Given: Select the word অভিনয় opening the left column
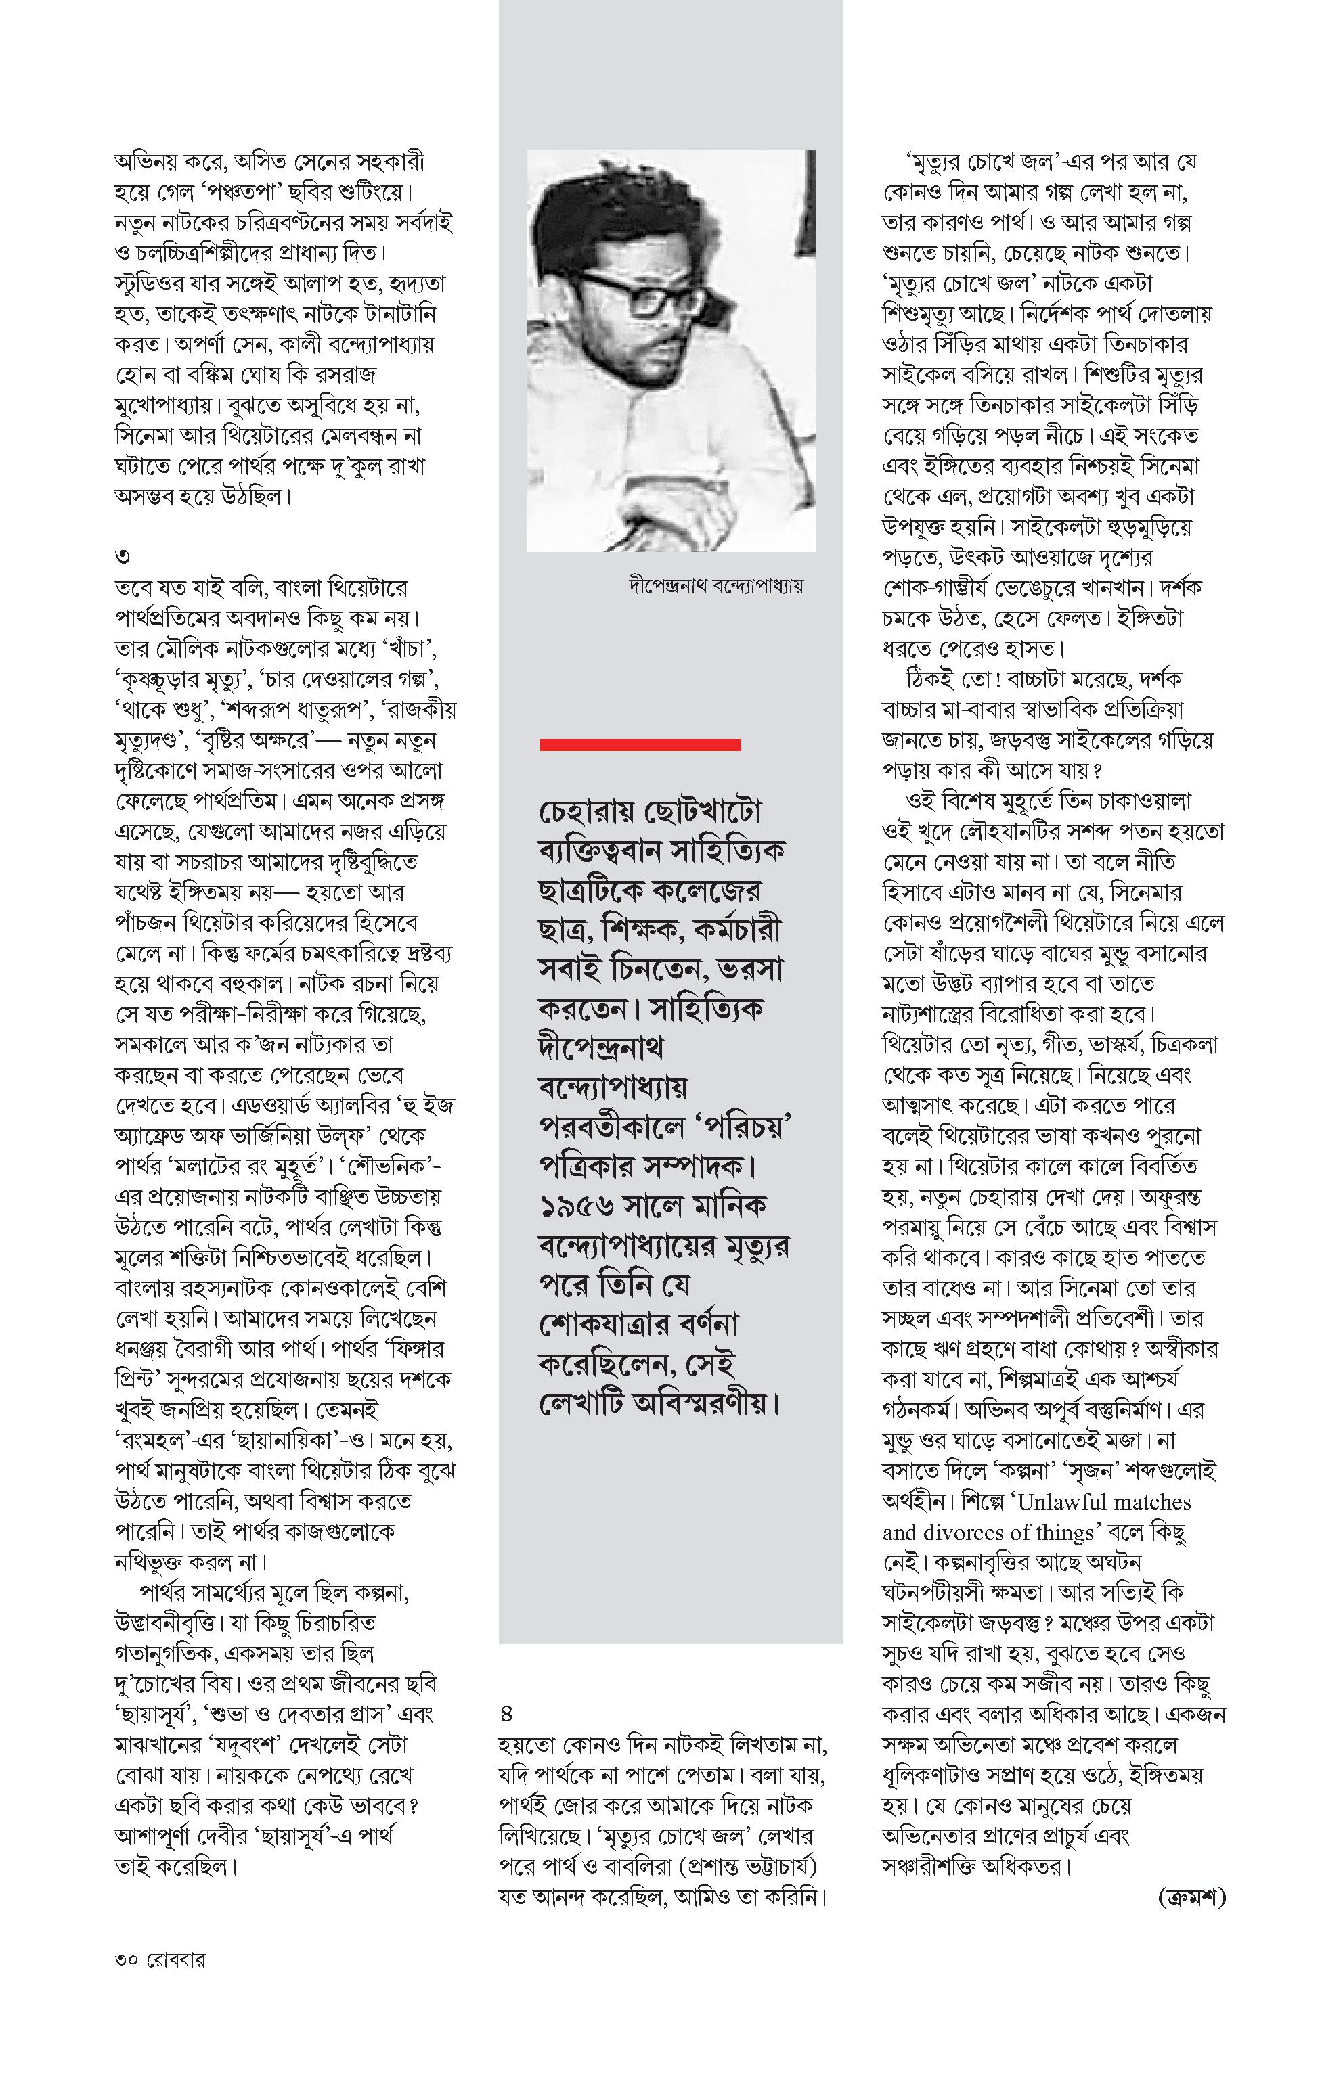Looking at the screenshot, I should tap(146, 162).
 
